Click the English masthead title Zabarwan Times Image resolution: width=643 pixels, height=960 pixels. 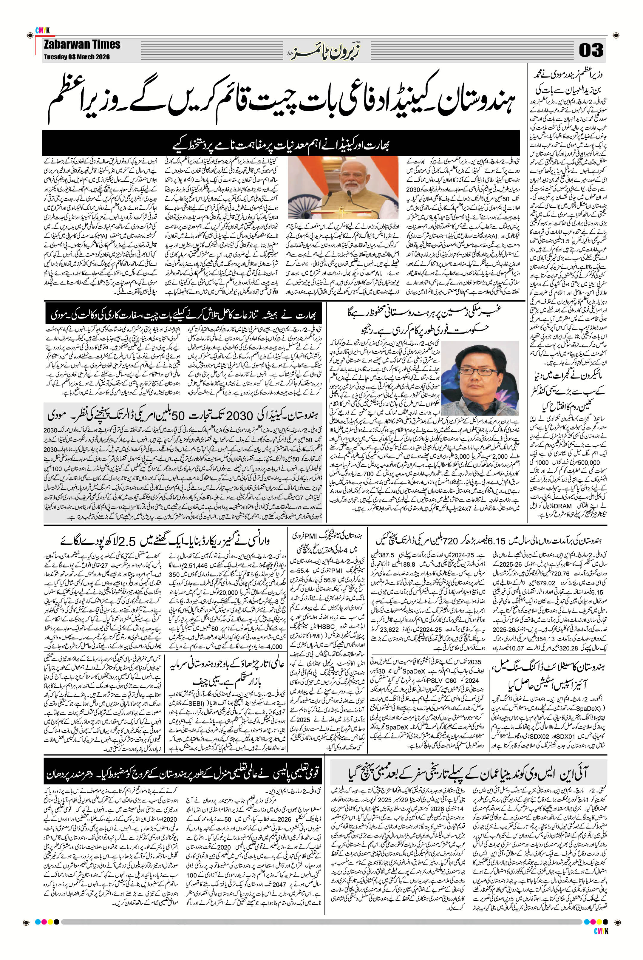coord(82,44)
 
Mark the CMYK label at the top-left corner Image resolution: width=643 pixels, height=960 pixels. coord(42,30)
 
